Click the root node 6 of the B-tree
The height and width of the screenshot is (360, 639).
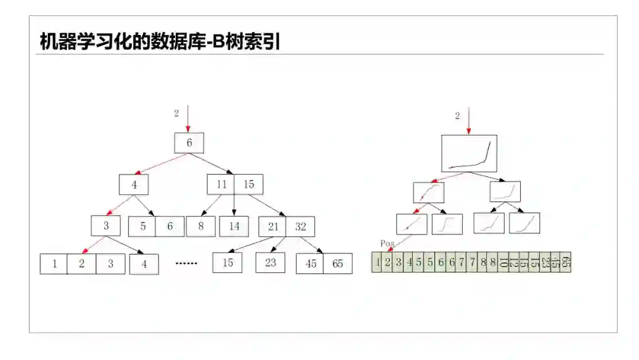click(x=189, y=143)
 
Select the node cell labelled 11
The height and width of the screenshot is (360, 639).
click(x=221, y=184)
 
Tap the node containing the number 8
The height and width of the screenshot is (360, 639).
click(x=201, y=226)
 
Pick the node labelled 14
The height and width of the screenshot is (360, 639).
click(x=234, y=226)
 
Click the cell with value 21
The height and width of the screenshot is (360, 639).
click(x=273, y=226)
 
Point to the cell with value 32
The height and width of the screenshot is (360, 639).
click(x=301, y=226)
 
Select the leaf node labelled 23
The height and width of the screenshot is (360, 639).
click(x=270, y=262)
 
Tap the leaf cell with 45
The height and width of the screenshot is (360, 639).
click(x=310, y=263)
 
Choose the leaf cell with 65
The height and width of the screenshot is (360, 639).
click(x=338, y=263)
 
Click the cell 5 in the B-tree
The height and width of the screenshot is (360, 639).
click(x=143, y=226)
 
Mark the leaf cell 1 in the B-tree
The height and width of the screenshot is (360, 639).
click(x=54, y=263)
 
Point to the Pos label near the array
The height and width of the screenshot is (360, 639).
click(x=388, y=243)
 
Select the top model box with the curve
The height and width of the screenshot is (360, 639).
click(x=469, y=153)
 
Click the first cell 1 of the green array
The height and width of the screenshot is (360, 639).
click(x=377, y=262)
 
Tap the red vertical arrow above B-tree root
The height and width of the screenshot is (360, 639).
click(x=188, y=118)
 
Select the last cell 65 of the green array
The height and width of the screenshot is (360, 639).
click(x=566, y=262)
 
